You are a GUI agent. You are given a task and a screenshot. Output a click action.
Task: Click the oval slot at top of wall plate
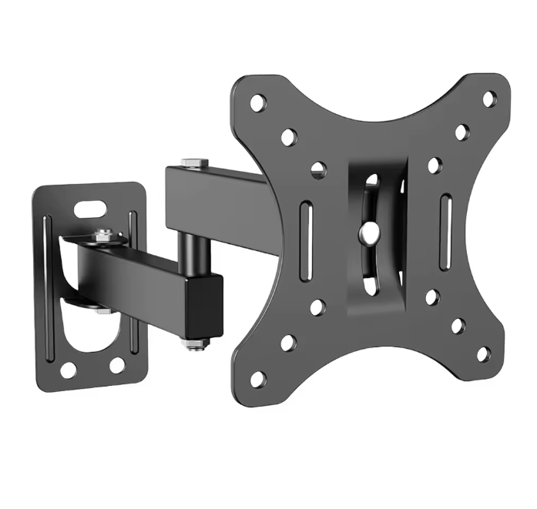[91, 207]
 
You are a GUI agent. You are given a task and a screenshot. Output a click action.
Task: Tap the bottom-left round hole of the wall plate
[69, 370]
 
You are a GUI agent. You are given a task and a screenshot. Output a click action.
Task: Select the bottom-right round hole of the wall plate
[117, 364]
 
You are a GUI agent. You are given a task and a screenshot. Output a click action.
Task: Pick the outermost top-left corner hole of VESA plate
[257, 101]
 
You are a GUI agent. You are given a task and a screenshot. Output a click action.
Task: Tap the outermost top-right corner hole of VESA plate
[489, 99]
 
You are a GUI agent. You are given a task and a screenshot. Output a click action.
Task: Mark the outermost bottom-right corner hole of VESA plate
[483, 353]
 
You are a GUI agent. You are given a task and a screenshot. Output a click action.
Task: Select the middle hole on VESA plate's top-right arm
[461, 132]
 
